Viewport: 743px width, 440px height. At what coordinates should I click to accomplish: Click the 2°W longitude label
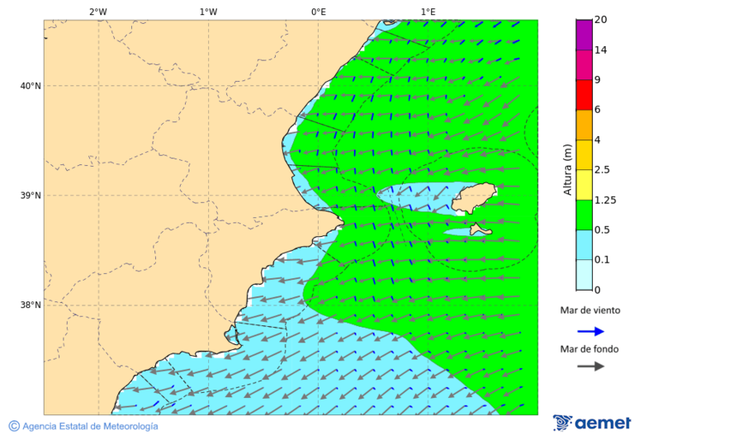coord(97,12)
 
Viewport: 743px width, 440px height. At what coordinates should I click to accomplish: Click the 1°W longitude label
coord(208,12)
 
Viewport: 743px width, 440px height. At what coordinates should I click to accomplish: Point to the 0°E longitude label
coord(318,12)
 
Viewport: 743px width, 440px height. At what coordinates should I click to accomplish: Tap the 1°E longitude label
coord(428,12)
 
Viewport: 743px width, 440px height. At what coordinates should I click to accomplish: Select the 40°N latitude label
coord(31,86)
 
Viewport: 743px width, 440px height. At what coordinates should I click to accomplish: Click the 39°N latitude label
coord(31,196)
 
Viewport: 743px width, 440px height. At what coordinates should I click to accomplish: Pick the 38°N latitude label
coord(31,305)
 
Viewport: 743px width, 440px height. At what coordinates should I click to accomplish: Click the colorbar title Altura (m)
coord(567,170)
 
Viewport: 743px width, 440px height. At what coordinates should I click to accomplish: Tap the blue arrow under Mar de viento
coord(590,331)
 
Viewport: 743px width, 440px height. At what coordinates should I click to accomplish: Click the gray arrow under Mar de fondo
coord(590,367)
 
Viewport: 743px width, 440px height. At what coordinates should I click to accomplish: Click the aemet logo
coord(592,423)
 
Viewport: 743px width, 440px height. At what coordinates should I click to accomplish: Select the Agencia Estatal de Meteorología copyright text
coord(83,426)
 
